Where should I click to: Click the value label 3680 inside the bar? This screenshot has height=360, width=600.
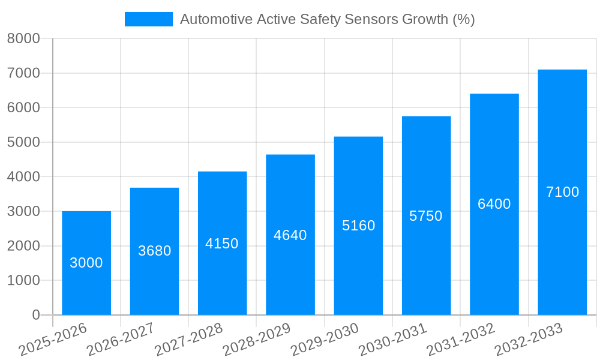coord(155,251)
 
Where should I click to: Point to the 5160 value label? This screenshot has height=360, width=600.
coord(358,226)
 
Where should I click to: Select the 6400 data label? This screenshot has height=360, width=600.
coord(494,204)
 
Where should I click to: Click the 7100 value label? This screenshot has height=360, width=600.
coord(562,192)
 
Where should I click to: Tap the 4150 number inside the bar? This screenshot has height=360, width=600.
coord(222,244)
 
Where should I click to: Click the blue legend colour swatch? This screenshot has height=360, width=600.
coord(148,19)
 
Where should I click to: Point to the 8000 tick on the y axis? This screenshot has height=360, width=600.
coord(23,39)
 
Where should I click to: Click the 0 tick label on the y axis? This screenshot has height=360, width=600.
coord(35,315)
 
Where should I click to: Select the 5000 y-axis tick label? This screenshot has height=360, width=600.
coord(23,142)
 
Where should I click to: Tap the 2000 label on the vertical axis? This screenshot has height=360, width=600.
coord(23,246)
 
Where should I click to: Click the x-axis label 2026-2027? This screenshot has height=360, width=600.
coord(121,340)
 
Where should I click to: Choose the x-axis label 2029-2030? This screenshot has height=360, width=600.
coord(325,340)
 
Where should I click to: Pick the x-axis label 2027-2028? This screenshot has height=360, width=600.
coord(188,340)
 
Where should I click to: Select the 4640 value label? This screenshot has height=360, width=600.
coord(290,235)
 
